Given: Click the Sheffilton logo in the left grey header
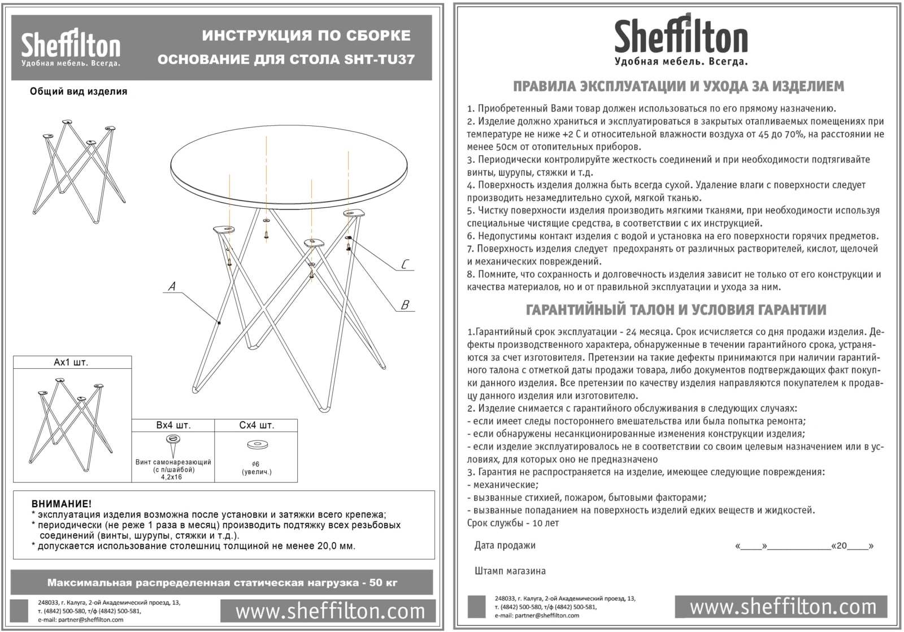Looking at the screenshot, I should point(71,47).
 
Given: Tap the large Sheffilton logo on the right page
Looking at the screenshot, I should point(681,40).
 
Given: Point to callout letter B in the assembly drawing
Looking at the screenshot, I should point(405,305).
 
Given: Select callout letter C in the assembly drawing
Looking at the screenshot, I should point(405,265).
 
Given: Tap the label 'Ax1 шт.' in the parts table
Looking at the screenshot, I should point(71,363).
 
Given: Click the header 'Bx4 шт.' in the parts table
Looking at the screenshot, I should point(173,425).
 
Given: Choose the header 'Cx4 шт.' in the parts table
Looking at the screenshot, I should point(257,425).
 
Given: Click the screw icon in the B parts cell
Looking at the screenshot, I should point(172,441).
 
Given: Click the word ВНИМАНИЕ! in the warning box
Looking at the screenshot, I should point(62,504).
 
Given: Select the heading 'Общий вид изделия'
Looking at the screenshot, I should point(79,91).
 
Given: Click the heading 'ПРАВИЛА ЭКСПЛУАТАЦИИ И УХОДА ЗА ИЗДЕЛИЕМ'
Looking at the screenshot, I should point(679,86).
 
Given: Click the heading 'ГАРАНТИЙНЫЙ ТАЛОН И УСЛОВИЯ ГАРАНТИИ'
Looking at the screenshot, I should point(676,310).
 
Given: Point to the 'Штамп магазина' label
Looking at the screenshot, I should point(510,571).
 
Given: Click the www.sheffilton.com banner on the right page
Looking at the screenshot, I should point(783,607).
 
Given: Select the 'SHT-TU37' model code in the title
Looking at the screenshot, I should point(380,60).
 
